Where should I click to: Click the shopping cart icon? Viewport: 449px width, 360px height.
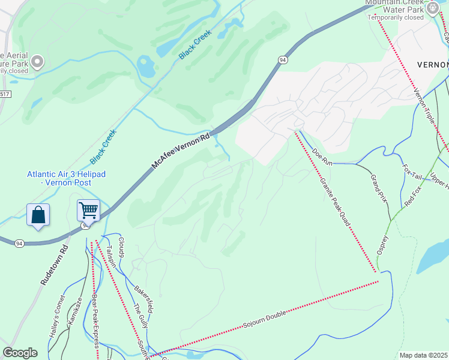point(88,211)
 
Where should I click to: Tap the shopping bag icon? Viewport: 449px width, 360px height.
point(38,215)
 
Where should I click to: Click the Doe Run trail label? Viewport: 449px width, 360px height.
point(322,157)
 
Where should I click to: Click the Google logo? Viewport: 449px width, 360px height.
point(20,353)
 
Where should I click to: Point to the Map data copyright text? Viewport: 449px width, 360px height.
point(423,355)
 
